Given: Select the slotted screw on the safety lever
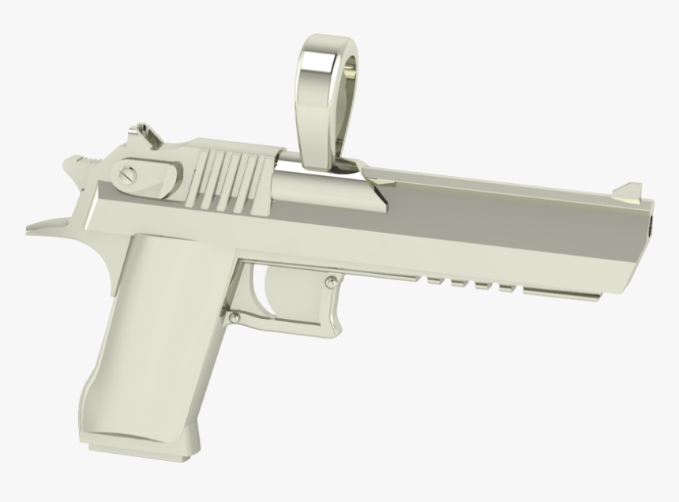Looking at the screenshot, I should point(126,174).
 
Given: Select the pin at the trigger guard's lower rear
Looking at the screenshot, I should point(235,317).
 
